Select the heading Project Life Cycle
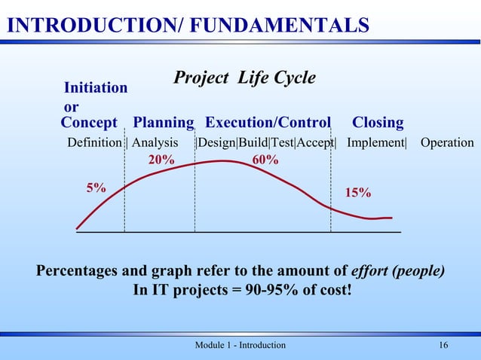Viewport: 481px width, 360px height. tap(245, 78)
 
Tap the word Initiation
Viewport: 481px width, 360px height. tap(95, 88)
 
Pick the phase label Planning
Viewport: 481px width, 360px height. tap(163, 123)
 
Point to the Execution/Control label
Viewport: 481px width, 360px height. tap(268, 123)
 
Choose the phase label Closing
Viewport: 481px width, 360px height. tap(378, 123)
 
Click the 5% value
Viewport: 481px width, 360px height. tap(96, 188)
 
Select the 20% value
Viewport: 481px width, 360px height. tap(161, 160)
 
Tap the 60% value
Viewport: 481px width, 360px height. tap(265, 160)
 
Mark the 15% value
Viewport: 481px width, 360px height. tap(358, 193)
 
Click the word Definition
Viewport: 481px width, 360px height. tap(94, 143)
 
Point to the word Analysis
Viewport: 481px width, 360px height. tap(155, 143)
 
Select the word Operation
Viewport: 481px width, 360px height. tap(447, 143)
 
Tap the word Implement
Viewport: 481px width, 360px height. tap(375, 143)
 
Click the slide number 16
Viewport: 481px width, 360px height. tap(443, 345)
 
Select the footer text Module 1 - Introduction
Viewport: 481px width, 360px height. tap(240, 345)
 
